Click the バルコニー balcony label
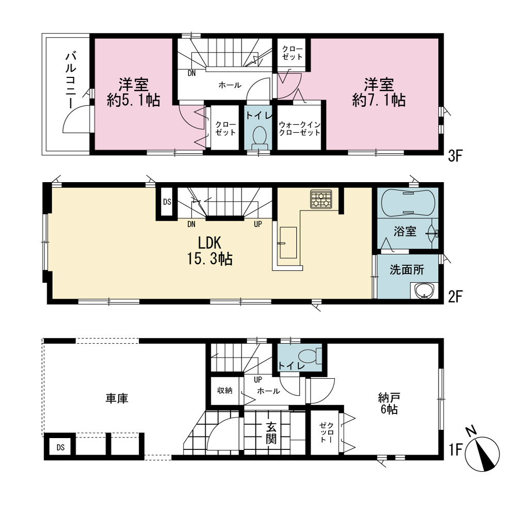point(71,80)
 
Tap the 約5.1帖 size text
point(134,100)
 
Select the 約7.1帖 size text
point(379,100)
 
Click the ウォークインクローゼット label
point(299,128)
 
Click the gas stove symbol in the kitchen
point(321,199)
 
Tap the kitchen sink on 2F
point(288,243)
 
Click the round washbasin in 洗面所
point(424,291)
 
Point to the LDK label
point(209,243)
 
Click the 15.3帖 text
point(210,259)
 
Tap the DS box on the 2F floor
point(167,202)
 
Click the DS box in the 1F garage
point(60,447)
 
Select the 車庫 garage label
point(117,398)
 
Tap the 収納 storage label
point(225,390)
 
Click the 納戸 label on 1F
point(389,398)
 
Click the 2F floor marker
point(456,297)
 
